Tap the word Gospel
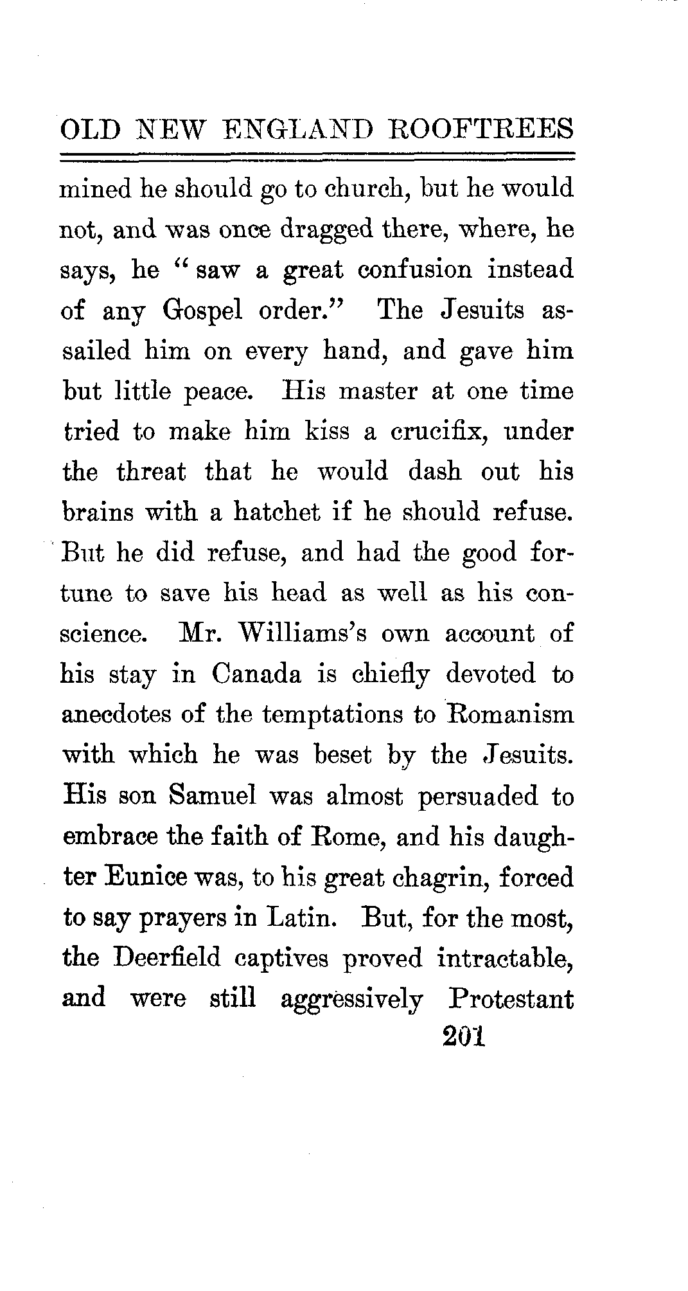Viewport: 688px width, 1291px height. [x=203, y=311]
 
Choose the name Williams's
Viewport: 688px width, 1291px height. [x=303, y=634]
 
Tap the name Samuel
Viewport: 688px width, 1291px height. [x=212, y=796]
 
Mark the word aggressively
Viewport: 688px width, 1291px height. [x=352, y=1000]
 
